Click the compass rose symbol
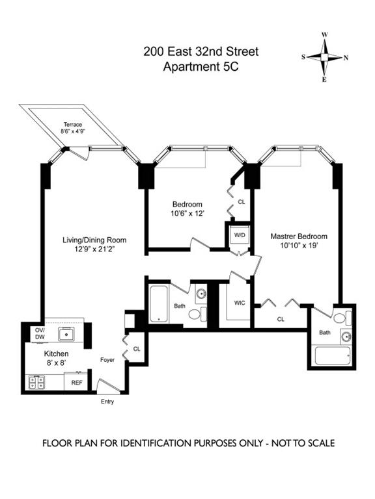coord(324,57)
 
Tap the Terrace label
coord(72,123)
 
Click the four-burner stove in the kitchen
coord(36,383)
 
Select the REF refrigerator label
coord(77,383)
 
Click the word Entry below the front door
coord(107,402)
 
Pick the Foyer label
coord(107,359)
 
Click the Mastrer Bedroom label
coord(299,236)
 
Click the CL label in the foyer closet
coord(136,349)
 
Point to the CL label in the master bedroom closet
coord(281,319)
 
